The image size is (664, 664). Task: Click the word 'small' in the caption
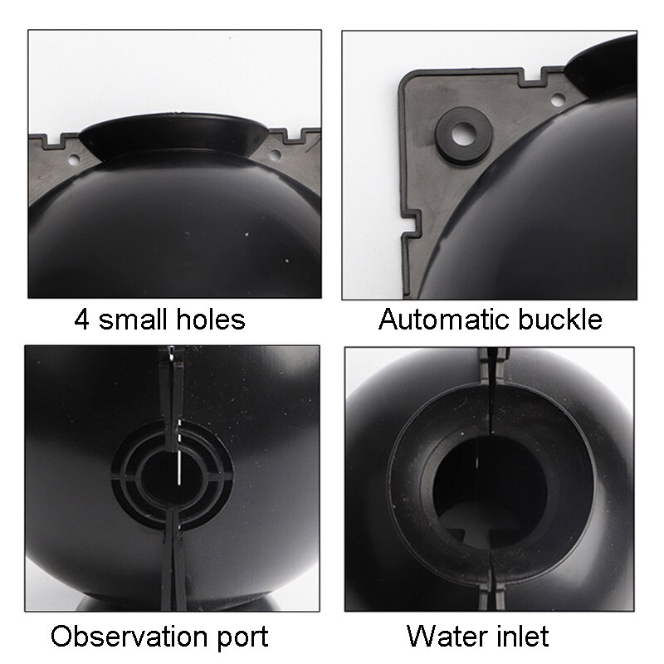pos(134,319)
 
